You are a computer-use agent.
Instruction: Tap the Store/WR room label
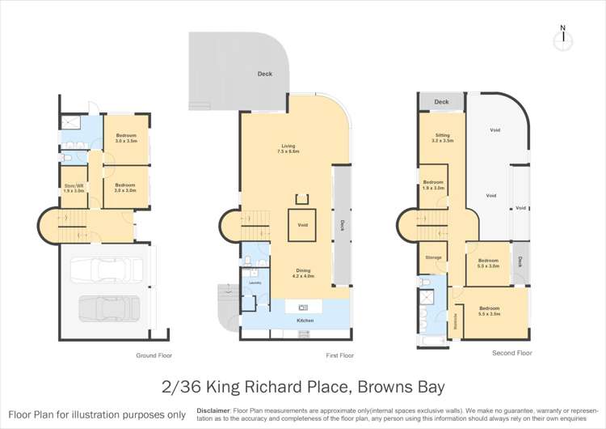pyautogui.click(x=74, y=188)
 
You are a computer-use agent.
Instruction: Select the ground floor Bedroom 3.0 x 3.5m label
pyautogui.click(x=126, y=138)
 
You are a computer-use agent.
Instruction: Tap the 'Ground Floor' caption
pyautogui.click(x=154, y=355)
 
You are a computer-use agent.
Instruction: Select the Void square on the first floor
pyautogui.click(x=303, y=225)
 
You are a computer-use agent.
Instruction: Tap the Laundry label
pyautogui.click(x=255, y=283)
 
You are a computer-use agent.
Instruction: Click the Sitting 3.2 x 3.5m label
pyautogui.click(x=442, y=138)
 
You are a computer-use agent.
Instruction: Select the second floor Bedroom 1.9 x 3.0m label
pyautogui.click(x=433, y=185)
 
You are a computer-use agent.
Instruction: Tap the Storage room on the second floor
pyautogui.click(x=433, y=257)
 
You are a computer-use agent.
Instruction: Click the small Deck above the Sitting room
pyautogui.click(x=441, y=102)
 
